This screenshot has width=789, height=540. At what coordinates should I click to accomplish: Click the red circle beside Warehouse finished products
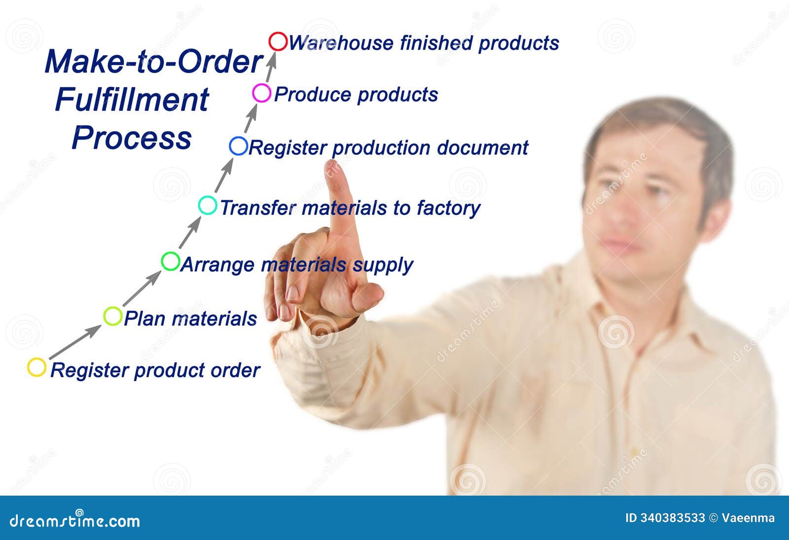[278, 41]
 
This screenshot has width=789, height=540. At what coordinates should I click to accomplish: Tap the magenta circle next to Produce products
[261, 93]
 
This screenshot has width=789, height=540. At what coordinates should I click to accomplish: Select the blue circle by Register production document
[238, 146]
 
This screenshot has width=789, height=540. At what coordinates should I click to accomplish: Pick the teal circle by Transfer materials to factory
[208, 205]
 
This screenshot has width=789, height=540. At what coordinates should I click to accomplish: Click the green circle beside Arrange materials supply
[171, 261]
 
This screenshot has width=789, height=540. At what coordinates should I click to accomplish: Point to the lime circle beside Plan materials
[113, 316]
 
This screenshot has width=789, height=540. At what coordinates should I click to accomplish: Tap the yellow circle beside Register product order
[36, 367]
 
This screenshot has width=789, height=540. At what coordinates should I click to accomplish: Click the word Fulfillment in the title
[132, 100]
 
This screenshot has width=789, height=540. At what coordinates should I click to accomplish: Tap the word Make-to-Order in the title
[153, 62]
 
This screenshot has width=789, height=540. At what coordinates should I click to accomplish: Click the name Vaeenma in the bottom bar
[748, 518]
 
